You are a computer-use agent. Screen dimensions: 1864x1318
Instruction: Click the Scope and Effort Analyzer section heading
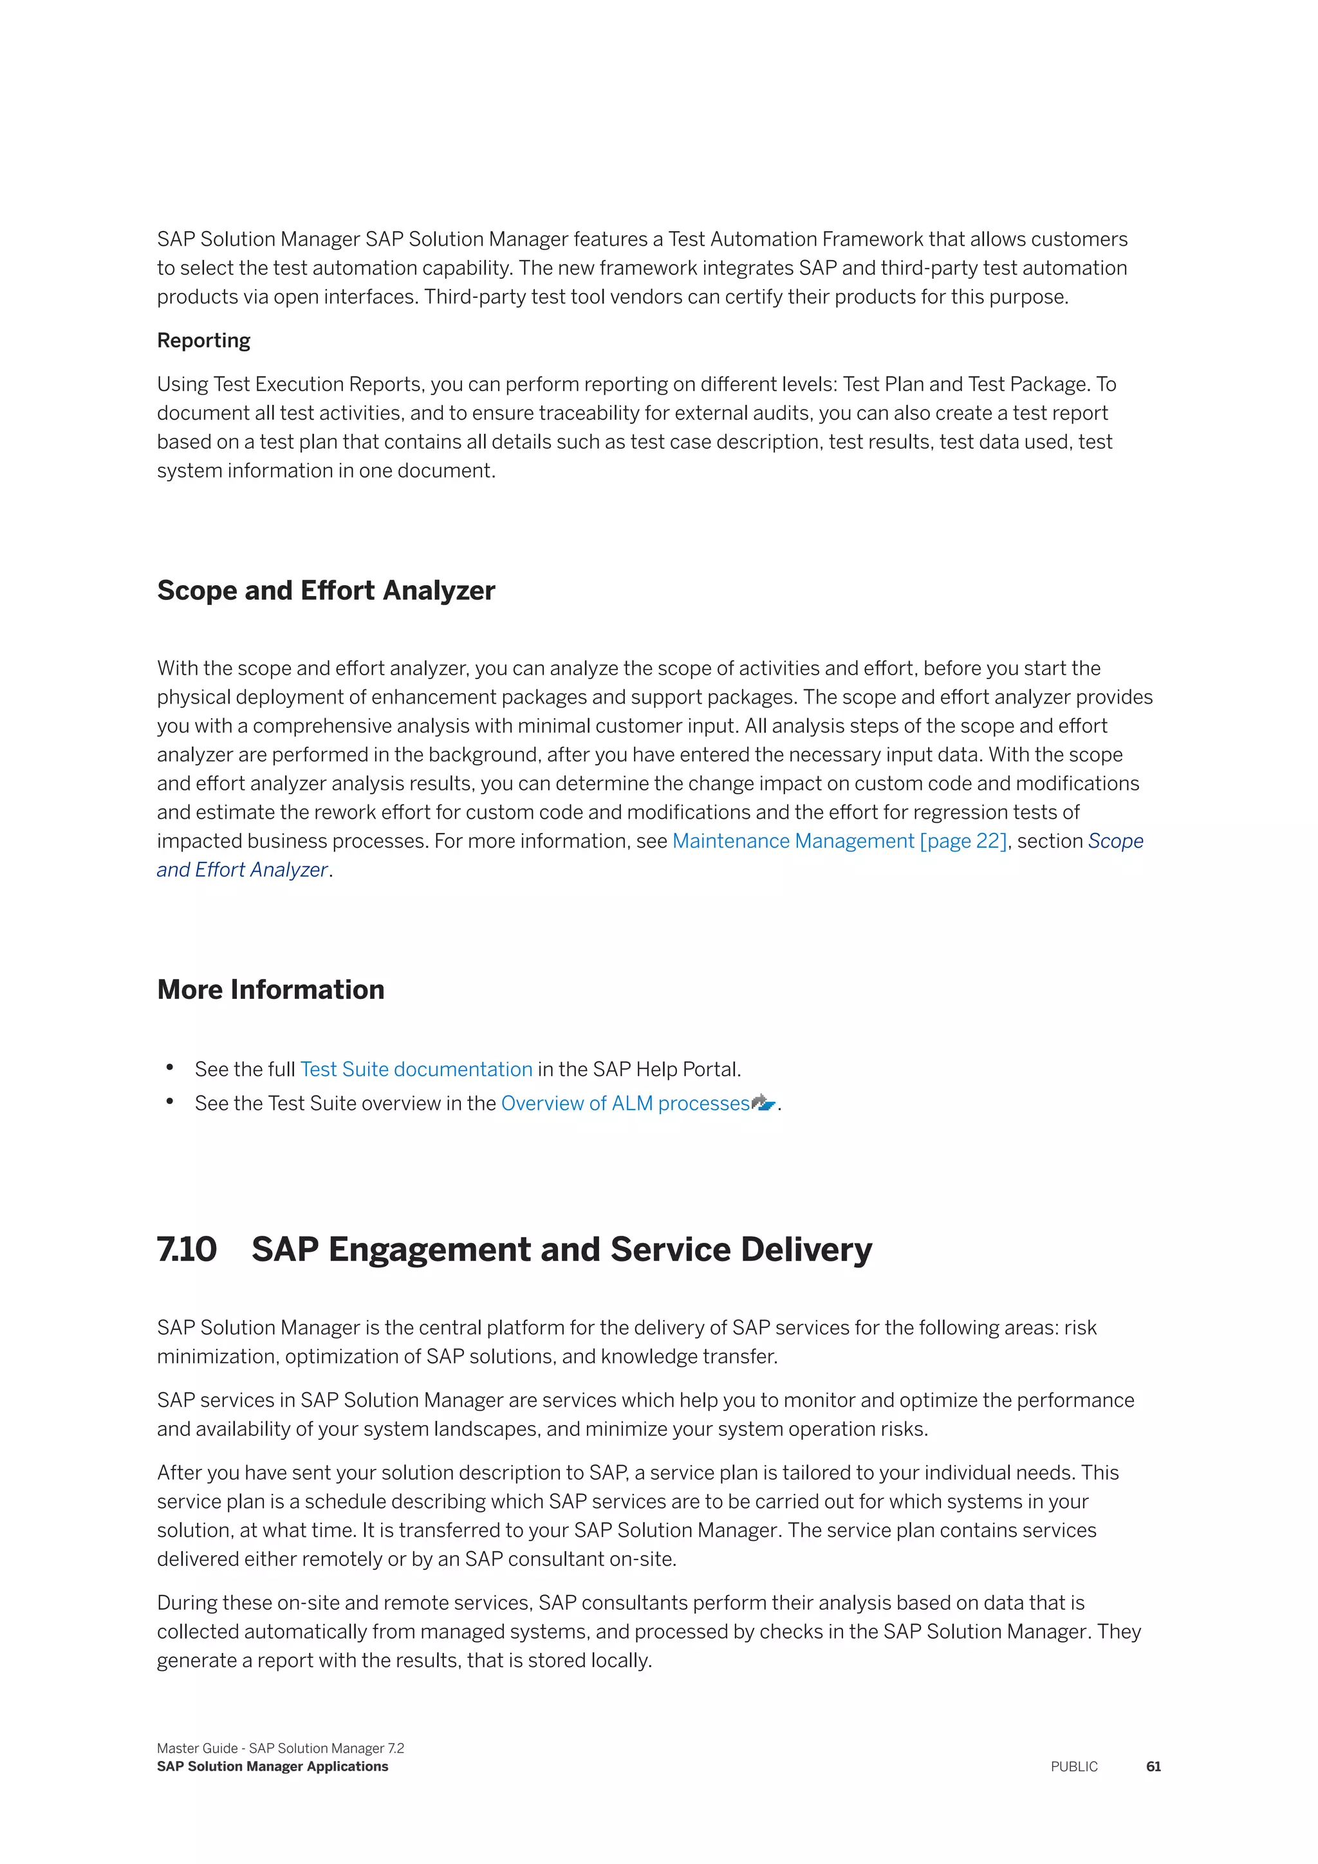pyautogui.click(x=326, y=590)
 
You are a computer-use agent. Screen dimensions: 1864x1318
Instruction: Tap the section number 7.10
pyautogui.click(x=187, y=1249)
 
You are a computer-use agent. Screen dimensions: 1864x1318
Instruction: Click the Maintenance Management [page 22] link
pyautogui.click(x=839, y=841)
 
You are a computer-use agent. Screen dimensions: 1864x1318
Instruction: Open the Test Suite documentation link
pyautogui.click(x=416, y=1069)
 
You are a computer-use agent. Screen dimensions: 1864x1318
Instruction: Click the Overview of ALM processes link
pyautogui.click(x=625, y=1103)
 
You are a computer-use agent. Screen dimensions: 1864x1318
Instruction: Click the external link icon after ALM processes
pyautogui.click(x=764, y=1103)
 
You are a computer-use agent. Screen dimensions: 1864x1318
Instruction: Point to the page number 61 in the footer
pyautogui.click(x=1153, y=1767)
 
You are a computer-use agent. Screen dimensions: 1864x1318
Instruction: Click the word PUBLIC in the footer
pyautogui.click(x=1073, y=1767)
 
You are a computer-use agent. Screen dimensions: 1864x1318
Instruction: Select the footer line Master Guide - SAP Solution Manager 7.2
pyautogui.click(x=280, y=1748)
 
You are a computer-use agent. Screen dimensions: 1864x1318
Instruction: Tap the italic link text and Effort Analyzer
pyautogui.click(x=242, y=870)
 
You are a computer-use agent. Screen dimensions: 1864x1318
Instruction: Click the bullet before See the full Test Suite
pyautogui.click(x=170, y=1068)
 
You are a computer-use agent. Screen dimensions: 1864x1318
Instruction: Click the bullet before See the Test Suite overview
pyautogui.click(x=170, y=1102)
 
